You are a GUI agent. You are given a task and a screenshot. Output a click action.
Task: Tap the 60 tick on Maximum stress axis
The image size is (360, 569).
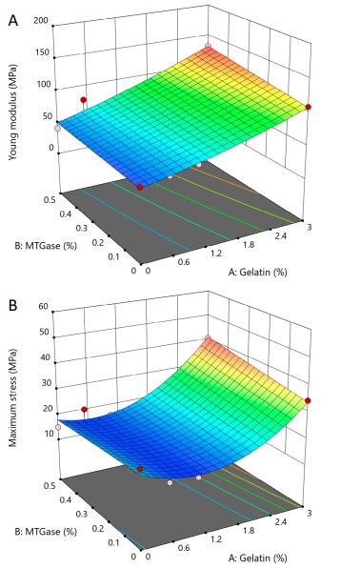click(44, 306)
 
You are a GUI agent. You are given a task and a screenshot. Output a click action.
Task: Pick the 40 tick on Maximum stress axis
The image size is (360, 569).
click(44, 357)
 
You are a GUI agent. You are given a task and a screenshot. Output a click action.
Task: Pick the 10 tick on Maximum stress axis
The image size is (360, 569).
click(44, 434)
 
